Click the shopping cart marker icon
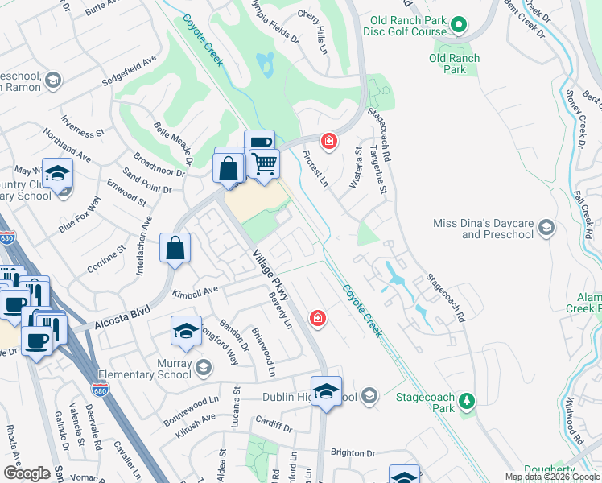click(264, 164)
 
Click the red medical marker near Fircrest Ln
click(328, 142)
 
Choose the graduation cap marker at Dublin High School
click(326, 392)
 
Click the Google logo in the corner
click(26, 473)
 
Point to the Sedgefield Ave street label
click(129, 72)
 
